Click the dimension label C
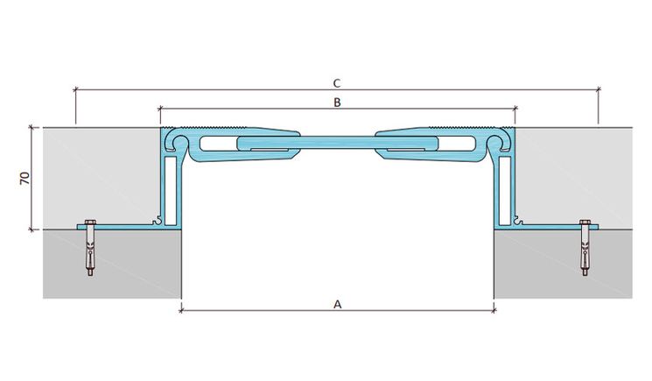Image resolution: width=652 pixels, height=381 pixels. click(337, 83)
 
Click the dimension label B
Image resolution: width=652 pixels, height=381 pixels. click(337, 102)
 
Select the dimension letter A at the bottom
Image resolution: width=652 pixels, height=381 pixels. click(337, 305)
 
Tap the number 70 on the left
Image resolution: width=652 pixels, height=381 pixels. click(25, 178)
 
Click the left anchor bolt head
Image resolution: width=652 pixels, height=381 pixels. click(90, 222)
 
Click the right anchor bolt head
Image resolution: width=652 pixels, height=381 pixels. click(585, 222)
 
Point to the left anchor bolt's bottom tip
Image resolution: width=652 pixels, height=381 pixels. click(90, 275)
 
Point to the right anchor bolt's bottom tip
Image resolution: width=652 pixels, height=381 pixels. click(585, 275)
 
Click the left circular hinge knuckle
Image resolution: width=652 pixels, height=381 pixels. click(180, 142)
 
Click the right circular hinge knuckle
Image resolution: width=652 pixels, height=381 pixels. click(495, 142)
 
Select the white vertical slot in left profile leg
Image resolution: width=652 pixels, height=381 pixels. click(170, 191)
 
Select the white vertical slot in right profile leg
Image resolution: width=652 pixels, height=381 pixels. click(505, 191)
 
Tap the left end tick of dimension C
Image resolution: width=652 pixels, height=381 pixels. click(75, 89)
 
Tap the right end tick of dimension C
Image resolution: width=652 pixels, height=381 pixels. click(599, 89)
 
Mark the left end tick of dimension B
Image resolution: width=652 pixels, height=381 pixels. click(160, 109)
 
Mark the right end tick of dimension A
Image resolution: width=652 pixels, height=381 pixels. click(494, 310)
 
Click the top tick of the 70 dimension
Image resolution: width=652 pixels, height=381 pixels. click(32, 127)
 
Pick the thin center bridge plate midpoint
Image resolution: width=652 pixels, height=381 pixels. click(337, 142)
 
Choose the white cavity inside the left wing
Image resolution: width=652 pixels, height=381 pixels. click(218, 143)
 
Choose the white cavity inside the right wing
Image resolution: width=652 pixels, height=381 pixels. click(457, 143)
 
